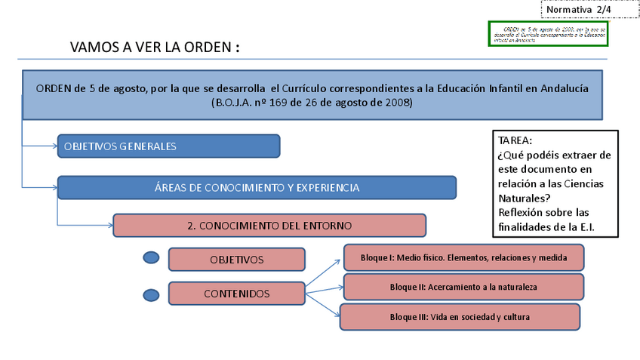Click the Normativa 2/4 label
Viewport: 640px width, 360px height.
tap(578, 9)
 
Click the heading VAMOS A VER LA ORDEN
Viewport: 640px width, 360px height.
tap(155, 47)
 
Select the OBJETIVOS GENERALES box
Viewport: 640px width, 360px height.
tap(168, 146)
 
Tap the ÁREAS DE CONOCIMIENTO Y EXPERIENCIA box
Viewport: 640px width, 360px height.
tap(257, 188)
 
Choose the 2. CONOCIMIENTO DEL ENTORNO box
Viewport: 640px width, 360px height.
tap(269, 225)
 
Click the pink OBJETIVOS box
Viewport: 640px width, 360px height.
tap(236, 260)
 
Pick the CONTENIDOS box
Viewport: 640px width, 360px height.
tap(236, 294)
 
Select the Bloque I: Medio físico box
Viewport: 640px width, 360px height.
tap(464, 258)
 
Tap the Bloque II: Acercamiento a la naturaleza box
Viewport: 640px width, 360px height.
tap(463, 287)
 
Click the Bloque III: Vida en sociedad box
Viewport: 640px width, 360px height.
tap(460, 317)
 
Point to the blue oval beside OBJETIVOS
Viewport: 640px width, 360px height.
tap(152, 258)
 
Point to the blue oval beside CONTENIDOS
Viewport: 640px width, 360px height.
tap(152, 294)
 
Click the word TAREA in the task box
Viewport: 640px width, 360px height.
tap(515, 140)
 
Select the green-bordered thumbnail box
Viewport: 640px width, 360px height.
tap(547, 34)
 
